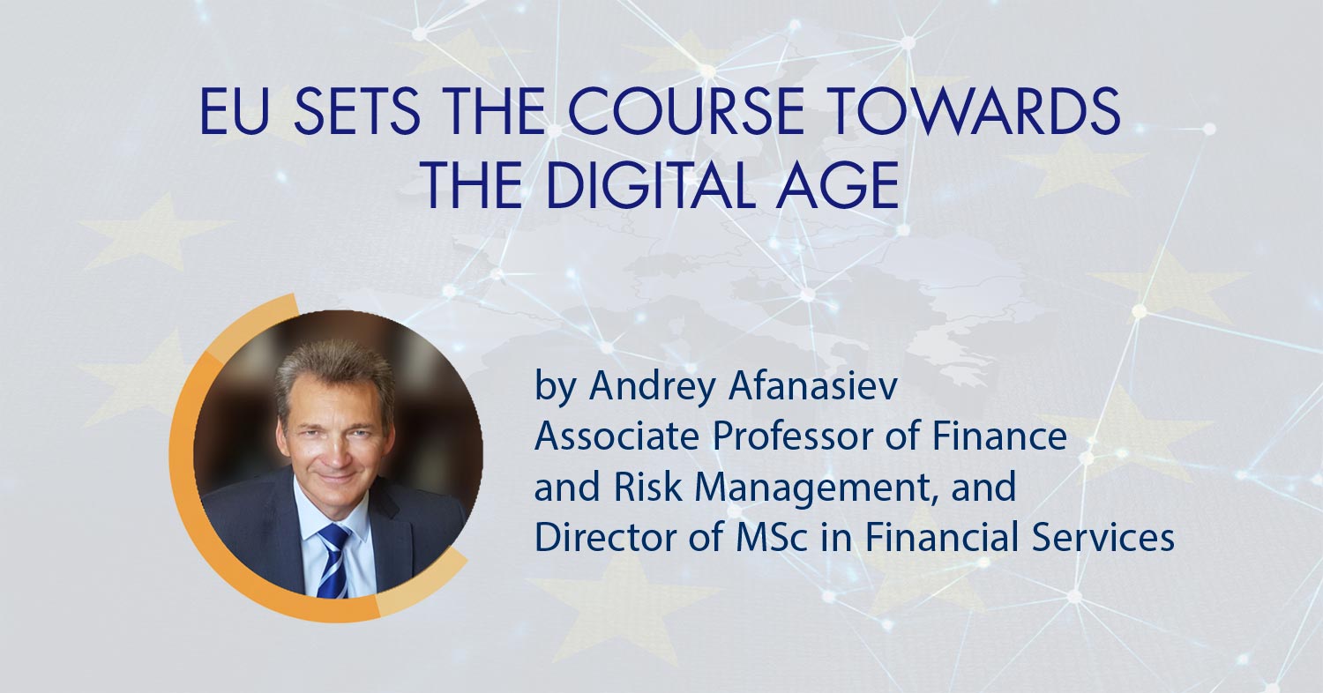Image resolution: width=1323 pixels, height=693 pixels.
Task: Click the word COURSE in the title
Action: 686,112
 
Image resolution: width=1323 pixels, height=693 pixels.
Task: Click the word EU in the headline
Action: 235,112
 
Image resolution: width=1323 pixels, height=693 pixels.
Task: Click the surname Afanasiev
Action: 812,387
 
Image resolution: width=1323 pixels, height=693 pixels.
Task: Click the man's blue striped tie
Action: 333,561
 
